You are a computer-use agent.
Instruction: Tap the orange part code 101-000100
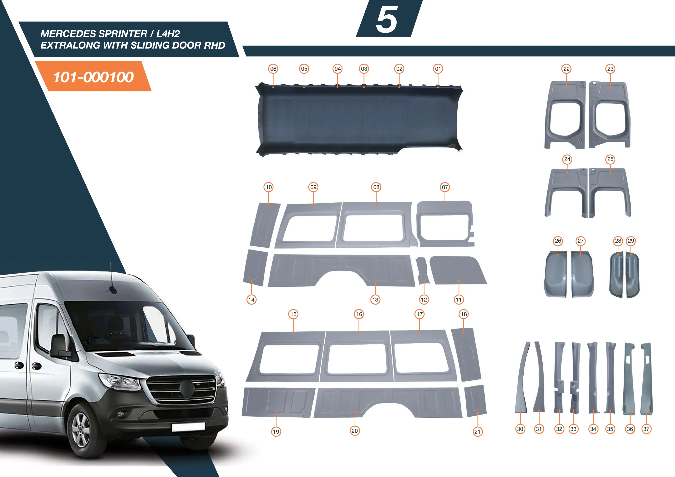click(94, 77)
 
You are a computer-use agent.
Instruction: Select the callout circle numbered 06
click(273, 69)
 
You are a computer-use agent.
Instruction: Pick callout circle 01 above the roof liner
click(438, 69)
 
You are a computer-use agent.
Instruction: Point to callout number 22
click(566, 69)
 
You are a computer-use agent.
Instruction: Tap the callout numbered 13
click(375, 300)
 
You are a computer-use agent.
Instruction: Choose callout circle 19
click(276, 431)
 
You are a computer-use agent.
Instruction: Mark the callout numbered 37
click(646, 429)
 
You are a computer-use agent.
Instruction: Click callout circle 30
click(520, 429)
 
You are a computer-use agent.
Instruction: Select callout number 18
click(464, 314)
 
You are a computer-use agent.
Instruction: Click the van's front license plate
click(188, 427)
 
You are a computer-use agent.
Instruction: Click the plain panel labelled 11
click(457, 270)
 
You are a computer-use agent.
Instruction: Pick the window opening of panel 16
click(357, 358)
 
